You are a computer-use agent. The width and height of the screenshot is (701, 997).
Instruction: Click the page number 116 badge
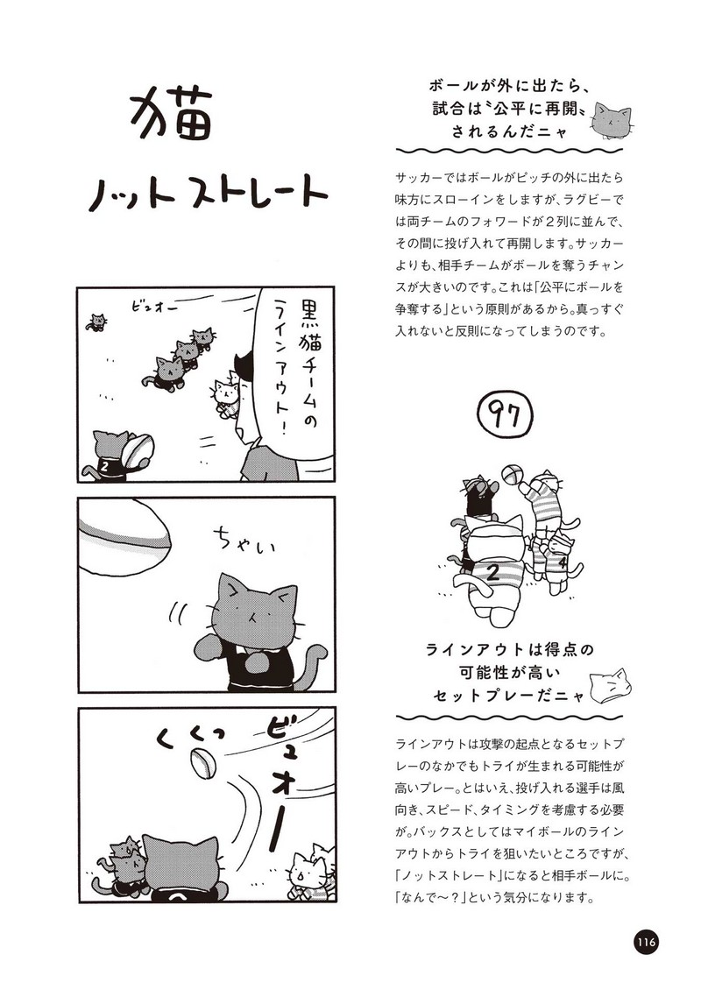[x=646, y=941]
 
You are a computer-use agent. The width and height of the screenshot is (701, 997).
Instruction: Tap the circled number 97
[x=505, y=417]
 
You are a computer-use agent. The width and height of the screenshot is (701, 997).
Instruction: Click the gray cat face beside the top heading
[x=612, y=122]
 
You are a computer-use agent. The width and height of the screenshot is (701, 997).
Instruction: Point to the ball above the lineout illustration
[x=513, y=474]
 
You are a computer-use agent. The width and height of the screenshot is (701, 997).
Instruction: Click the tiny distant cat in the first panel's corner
[x=96, y=322]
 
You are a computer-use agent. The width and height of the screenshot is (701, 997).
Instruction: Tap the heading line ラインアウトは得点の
[x=509, y=649]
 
